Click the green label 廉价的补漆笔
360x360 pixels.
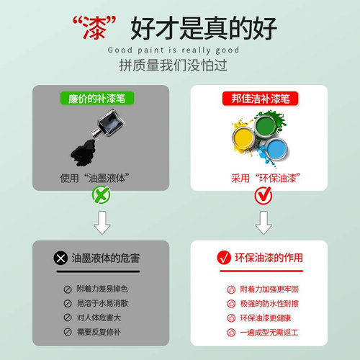tap(101, 97)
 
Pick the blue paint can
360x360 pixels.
tap(276, 151)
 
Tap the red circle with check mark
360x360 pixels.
tap(258, 194)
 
